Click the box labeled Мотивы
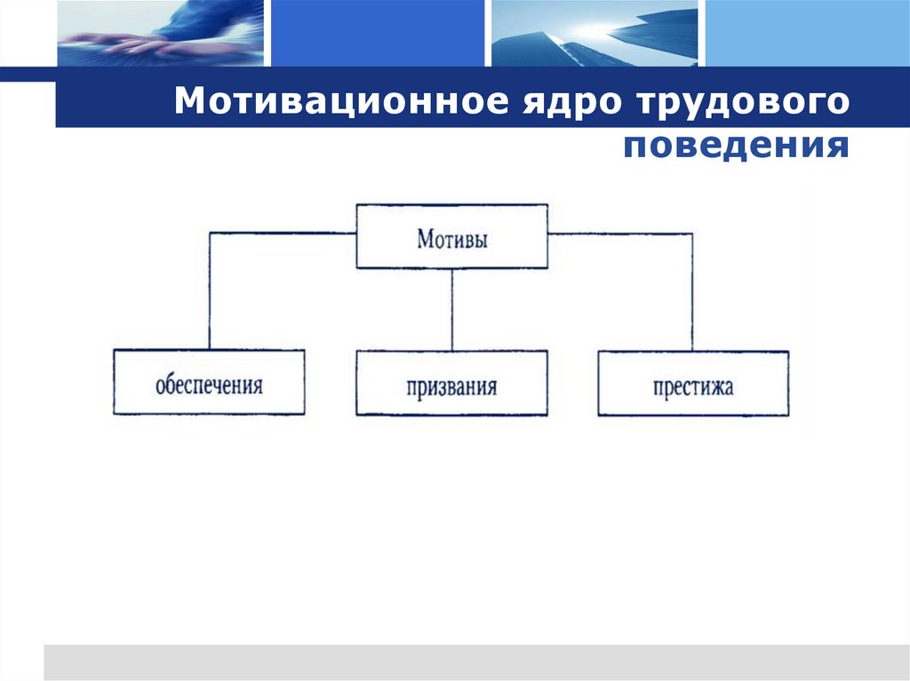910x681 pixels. click(451, 237)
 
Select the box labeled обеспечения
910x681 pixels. click(209, 383)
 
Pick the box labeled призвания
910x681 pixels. click(451, 383)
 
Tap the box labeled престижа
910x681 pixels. click(692, 383)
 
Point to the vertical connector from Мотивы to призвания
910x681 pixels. click(451, 309)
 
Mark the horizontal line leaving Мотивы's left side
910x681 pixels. click(283, 234)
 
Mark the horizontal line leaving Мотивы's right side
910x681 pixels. click(620, 234)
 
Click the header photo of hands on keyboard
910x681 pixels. click(160, 33)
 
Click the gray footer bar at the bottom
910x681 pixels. click(476, 662)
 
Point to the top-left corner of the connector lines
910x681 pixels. click(210, 234)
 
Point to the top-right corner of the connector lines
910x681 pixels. click(692, 234)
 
